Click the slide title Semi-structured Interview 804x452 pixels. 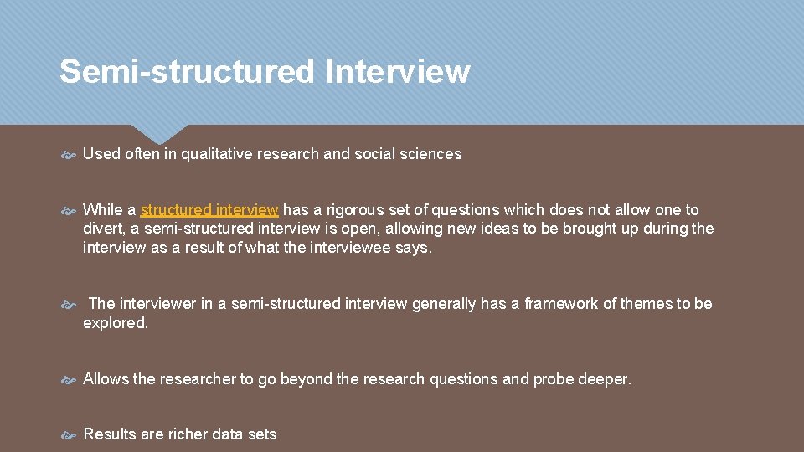(265, 72)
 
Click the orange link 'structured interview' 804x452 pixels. (209, 209)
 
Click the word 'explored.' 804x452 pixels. (116, 323)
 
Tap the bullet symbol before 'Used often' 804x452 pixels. (70, 155)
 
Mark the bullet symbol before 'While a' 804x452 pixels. (70, 210)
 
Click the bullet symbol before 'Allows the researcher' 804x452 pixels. (70, 380)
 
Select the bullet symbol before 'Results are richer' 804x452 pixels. (70, 435)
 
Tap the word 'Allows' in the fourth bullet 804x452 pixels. (106, 379)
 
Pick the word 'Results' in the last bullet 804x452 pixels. (110, 434)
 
